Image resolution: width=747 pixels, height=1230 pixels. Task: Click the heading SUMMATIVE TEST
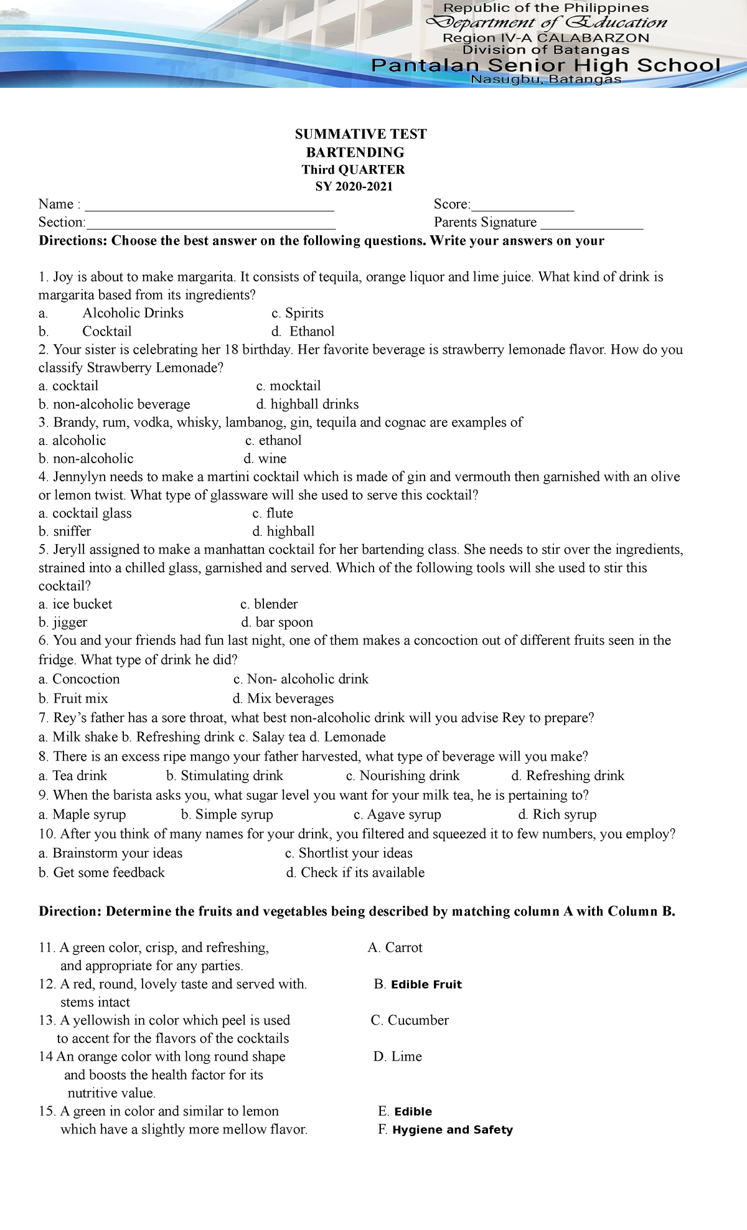point(360,134)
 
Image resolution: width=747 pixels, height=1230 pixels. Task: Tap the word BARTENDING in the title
point(355,153)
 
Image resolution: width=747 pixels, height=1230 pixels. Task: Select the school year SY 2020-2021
point(354,187)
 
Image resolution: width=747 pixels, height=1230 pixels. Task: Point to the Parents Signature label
point(485,223)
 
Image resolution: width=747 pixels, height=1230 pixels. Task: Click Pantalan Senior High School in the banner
point(545,65)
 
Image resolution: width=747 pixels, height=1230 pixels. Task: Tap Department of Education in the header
point(545,23)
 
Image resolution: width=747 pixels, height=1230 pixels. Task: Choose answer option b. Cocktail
point(85,332)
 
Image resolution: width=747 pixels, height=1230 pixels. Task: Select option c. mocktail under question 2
point(288,386)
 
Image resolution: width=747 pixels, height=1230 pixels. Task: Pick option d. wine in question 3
point(265,459)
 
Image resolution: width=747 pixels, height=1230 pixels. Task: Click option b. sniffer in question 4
point(65,532)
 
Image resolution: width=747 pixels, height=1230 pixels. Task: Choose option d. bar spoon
point(277,622)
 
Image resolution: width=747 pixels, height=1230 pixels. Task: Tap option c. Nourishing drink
point(403,776)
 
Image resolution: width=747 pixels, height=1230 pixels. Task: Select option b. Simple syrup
point(227,814)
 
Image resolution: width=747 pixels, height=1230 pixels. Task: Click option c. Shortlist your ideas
point(349,853)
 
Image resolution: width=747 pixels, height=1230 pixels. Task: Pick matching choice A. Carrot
point(395,947)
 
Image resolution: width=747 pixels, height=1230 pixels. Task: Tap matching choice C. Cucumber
point(410,1020)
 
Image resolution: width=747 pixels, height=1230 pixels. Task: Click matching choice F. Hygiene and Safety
point(445,1130)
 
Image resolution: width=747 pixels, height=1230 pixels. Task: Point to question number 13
point(47,1020)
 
